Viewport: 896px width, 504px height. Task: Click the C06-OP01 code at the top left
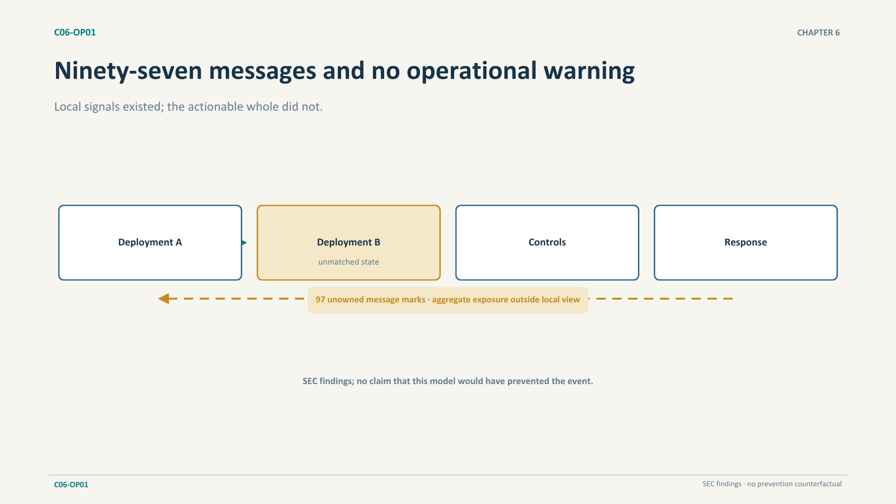(x=75, y=32)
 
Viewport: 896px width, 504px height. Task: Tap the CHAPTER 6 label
(x=818, y=33)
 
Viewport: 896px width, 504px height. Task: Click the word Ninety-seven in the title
(x=128, y=71)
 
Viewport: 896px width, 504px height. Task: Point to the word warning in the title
(x=589, y=71)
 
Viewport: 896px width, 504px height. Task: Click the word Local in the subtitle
(x=67, y=106)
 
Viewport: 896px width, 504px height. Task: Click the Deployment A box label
(x=150, y=242)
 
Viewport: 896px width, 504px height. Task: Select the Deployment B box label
(x=349, y=242)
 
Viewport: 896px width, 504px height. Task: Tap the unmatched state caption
(x=349, y=262)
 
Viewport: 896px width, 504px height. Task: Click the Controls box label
(x=547, y=242)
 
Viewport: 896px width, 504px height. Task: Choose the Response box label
(x=746, y=242)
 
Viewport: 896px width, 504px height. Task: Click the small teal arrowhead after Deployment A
(x=244, y=243)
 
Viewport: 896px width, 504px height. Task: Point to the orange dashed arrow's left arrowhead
(x=163, y=299)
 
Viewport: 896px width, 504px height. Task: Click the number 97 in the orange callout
(x=320, y=300)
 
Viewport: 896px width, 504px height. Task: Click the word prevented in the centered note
(x=528, y=381)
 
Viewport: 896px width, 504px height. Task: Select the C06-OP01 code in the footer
(x=71, y=484)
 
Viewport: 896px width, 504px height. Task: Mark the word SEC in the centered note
(x=310, y=381)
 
